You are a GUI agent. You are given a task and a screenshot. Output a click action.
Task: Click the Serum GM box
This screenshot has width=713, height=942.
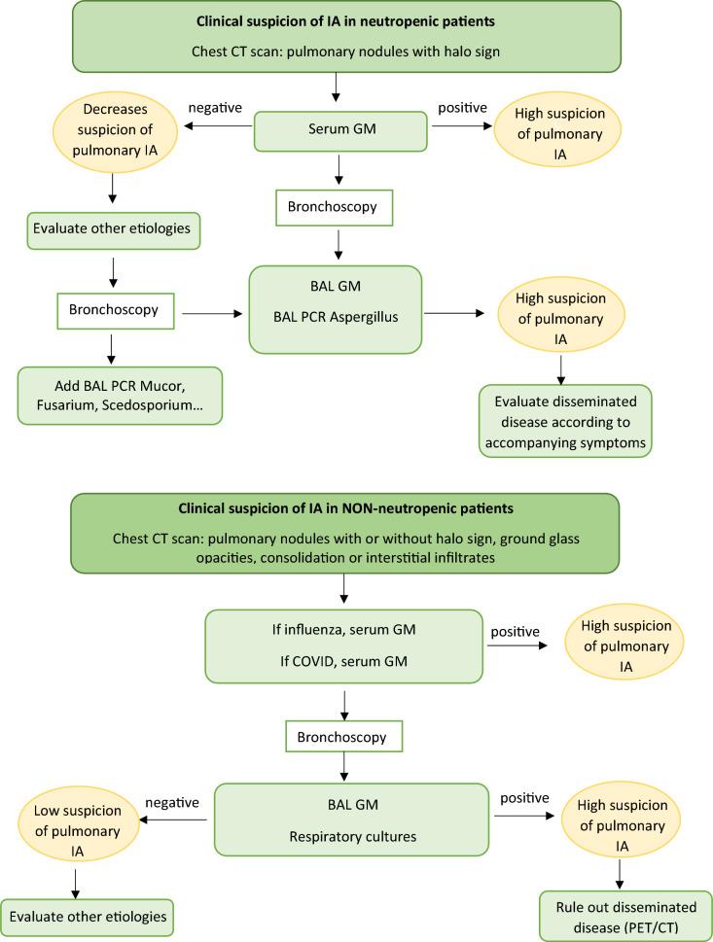(339, 131)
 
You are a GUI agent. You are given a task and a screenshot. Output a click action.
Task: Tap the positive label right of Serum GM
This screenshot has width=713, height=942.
(462, 107)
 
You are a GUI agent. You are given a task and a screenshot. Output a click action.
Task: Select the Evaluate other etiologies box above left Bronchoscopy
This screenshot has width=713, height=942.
(112, 230)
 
